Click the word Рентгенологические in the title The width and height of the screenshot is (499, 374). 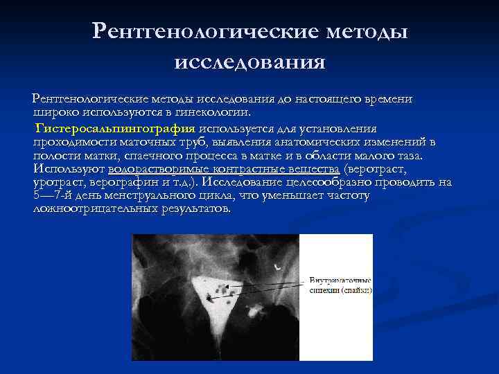202,31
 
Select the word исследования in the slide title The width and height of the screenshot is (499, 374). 249,62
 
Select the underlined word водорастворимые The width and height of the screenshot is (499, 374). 145,169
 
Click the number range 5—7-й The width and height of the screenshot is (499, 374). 54,195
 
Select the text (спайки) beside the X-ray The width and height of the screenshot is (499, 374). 358,291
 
